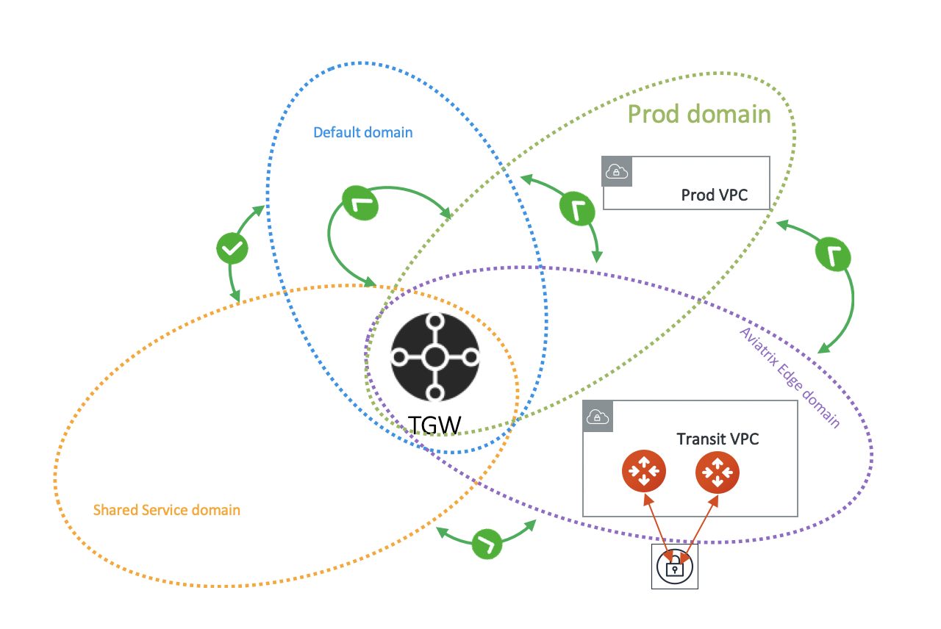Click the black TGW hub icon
tap(434, 358)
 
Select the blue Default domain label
tap(362, 133)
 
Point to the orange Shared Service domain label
tap(167, 510)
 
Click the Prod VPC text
tap(715, 195)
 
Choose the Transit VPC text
tap(718, 439)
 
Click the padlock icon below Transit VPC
tap(674, 567)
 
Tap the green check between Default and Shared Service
tap(232, 250)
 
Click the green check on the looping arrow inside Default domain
tap(360, 203)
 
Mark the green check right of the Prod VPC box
tap(833, 255)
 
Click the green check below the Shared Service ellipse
tap(486, 544)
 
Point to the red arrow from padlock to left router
tap(656, 523)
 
